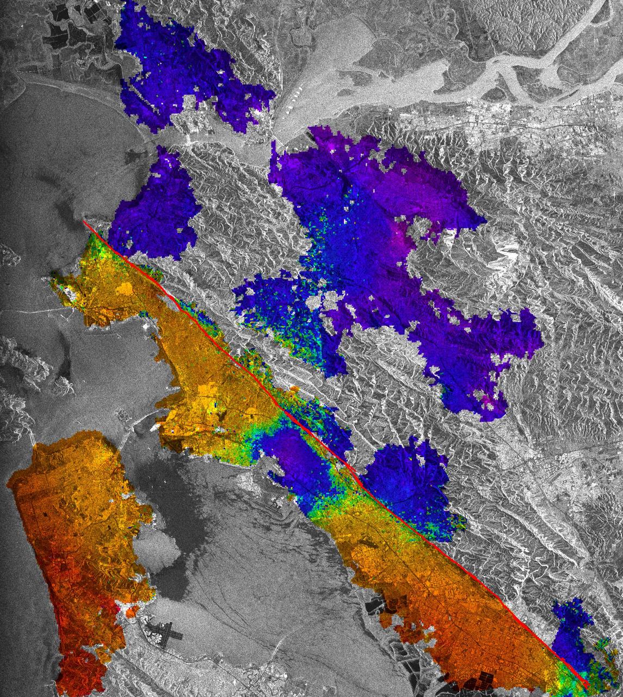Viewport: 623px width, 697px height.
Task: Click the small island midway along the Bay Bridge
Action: click(121, 415)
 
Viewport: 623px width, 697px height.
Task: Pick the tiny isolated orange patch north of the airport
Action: click(131, 612)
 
